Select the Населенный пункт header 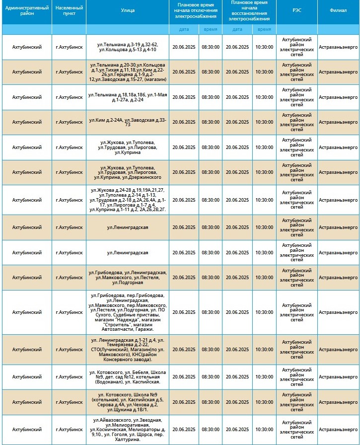coord(69,12)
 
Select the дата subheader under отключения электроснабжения coord(184,29)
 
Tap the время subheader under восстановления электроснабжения coord(264,29)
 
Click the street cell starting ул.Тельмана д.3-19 coord(128,47)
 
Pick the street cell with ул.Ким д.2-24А coord(128,122)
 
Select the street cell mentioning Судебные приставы coord(128,312)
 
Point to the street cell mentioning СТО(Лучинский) coord(128,350)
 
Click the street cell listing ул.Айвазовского coord(128,430)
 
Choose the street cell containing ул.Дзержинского coord(128,172)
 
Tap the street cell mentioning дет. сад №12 coord(128,377)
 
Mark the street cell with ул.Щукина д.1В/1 coord(128,402)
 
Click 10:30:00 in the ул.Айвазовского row coord(264,430)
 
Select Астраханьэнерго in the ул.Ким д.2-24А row coord(338,122)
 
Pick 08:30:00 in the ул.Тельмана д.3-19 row coord(211,47)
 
